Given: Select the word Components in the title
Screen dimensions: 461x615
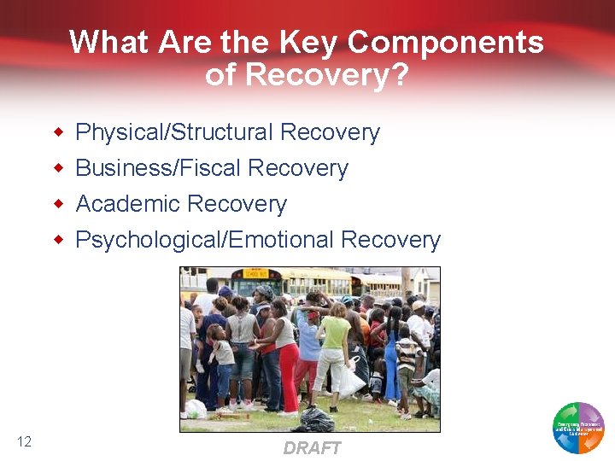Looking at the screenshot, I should (446, 42).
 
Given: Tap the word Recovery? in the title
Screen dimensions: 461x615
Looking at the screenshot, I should (326, 75).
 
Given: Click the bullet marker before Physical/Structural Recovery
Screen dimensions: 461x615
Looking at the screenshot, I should (59, 132).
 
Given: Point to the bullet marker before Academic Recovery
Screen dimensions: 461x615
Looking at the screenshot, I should (59, 204).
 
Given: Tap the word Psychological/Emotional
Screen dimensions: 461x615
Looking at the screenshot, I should (205, 240).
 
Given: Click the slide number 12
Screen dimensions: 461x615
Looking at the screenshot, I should (24, 441).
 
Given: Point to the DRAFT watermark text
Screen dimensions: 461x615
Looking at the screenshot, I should (312, 448).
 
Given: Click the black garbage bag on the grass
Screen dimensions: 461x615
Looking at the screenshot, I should (316, 418).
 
